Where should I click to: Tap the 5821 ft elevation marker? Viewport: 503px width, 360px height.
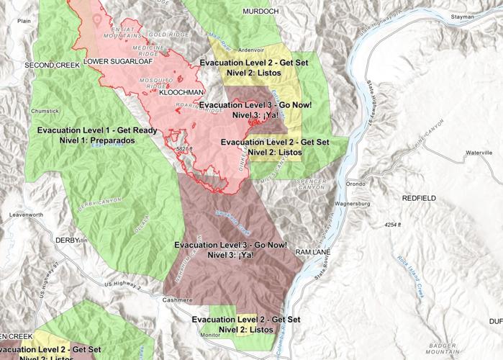pyautogui.click(x=184, y=149)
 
